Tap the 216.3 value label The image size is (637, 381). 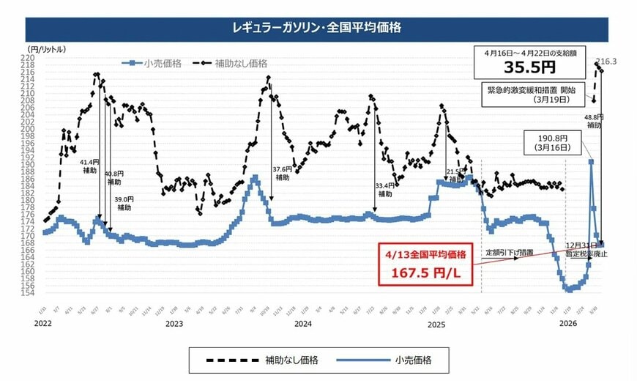pyautogui.click(x=607, y=62)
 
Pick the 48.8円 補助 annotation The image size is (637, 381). pyautogui.click(x=594, y=121)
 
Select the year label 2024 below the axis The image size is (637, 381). pyautogui.click(x=302, y=323)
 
